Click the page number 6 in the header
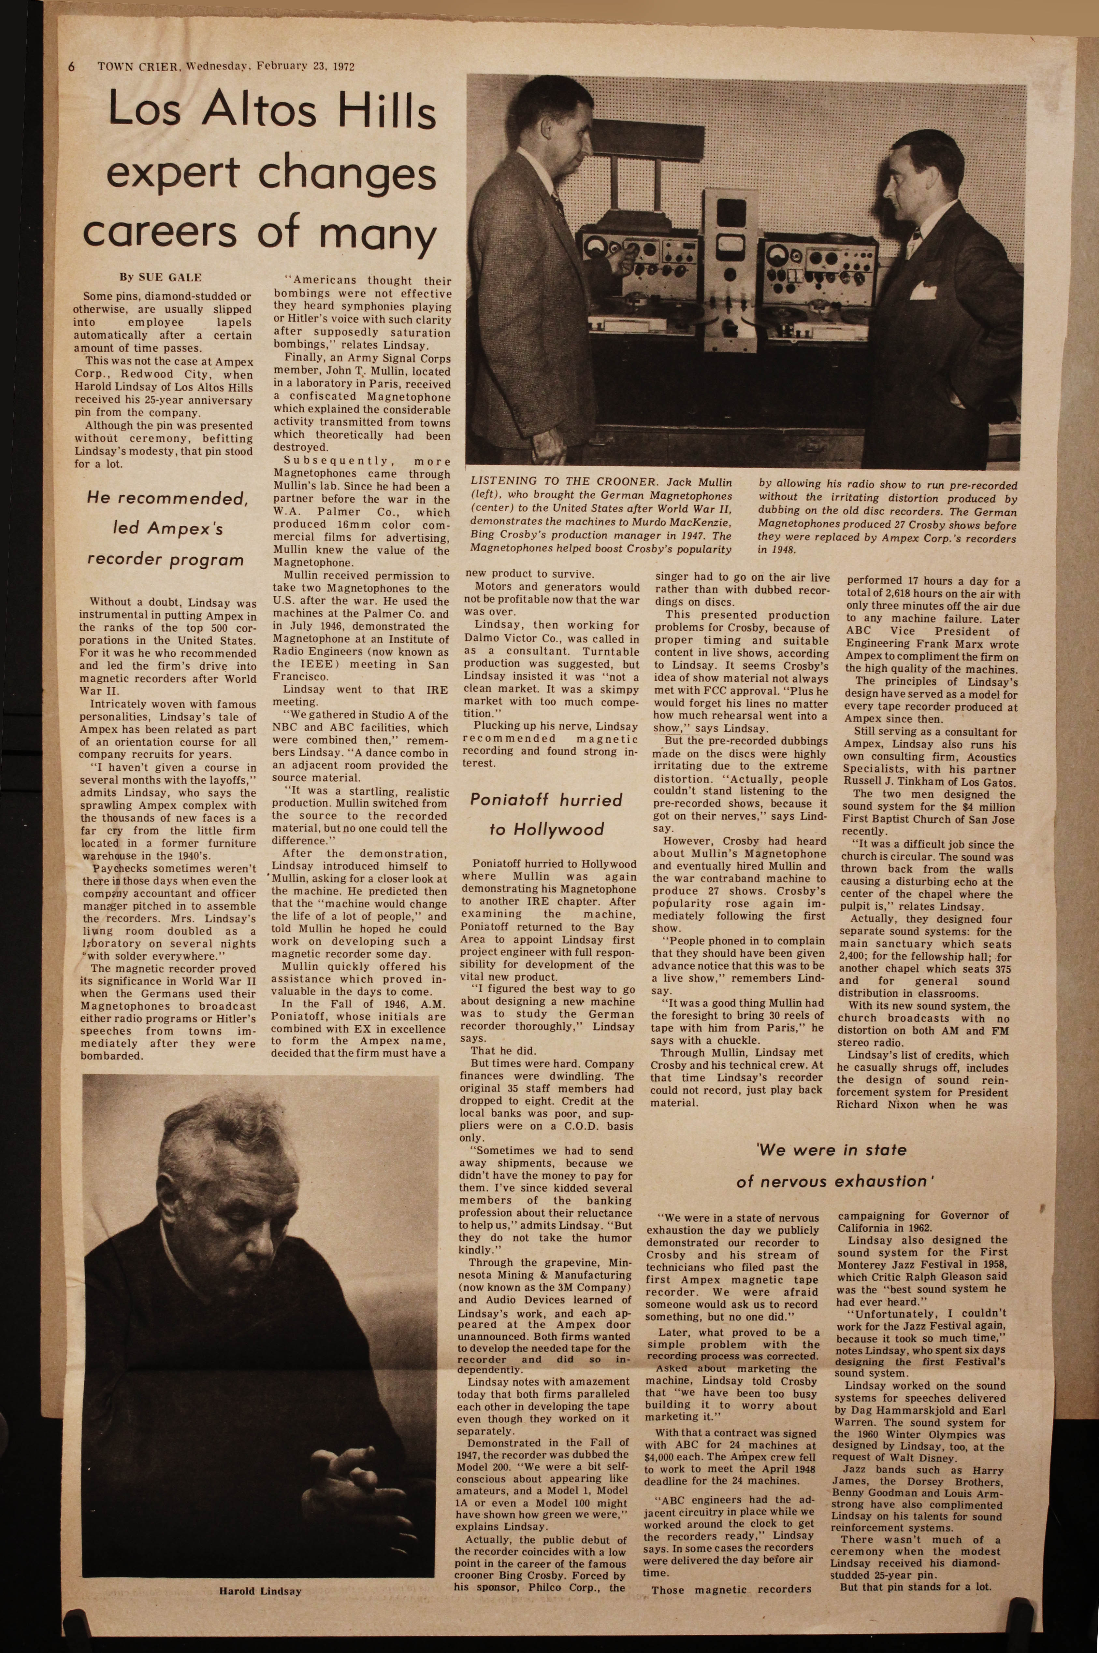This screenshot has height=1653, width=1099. (71, 67)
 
